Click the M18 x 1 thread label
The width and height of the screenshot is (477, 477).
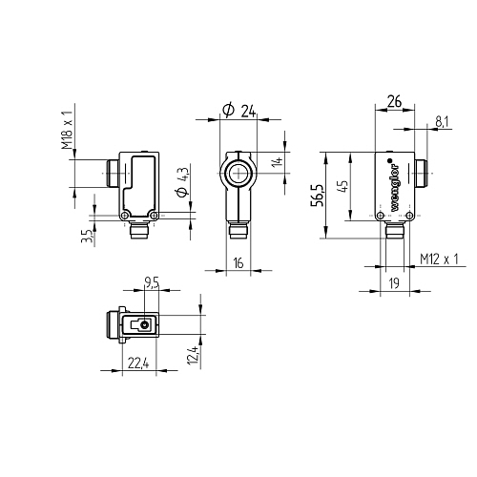click(68, 131)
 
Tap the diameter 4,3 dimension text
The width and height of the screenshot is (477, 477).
click(183, 182)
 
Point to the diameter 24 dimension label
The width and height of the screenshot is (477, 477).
click(238, 111)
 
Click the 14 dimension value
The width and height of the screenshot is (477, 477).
click(278, 161)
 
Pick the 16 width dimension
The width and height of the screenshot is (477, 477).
click(238, 263)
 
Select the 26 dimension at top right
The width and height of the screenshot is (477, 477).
click(395, 102)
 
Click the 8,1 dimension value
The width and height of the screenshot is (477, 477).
click(444, 122)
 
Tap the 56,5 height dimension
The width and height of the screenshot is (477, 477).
click(318, 196)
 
